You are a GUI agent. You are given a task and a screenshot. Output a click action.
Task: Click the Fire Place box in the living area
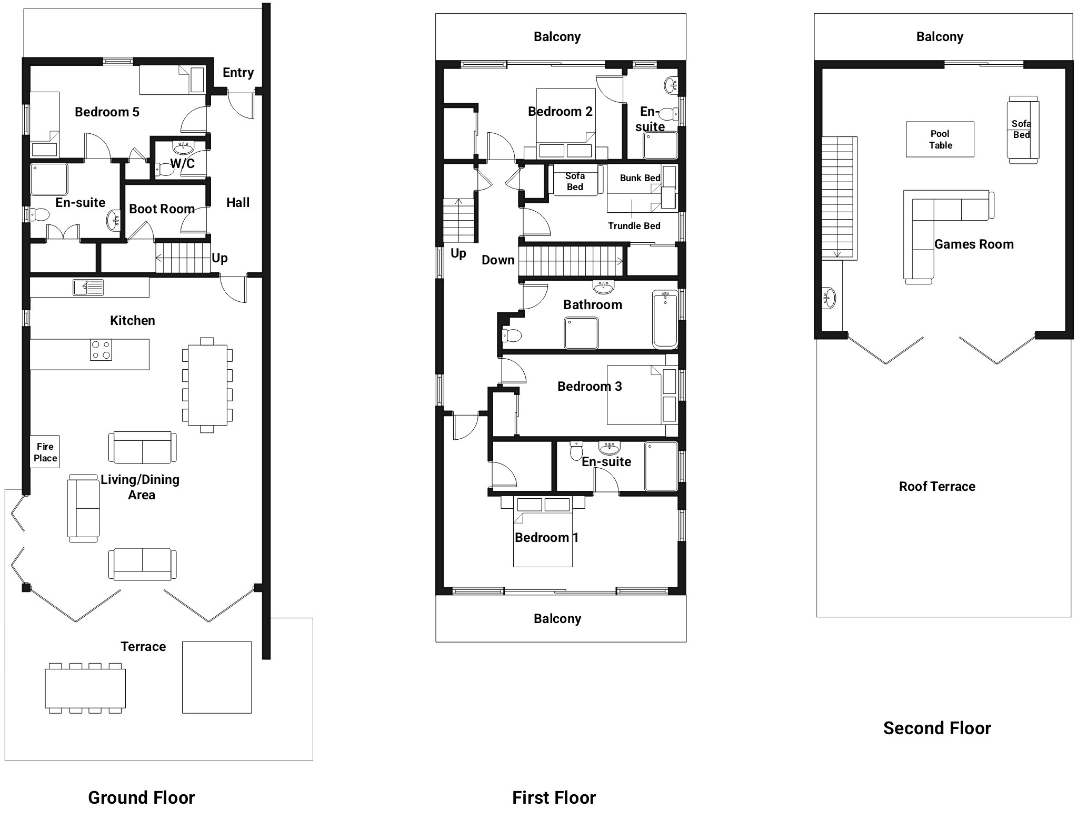(x=45, y=452)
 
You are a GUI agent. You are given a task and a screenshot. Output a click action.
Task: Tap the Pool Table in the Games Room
(x=940, y=140)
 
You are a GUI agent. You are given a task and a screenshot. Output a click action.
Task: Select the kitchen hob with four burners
(x=101, y=350)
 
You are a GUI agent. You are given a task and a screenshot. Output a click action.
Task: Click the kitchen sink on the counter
(x=88, y=288)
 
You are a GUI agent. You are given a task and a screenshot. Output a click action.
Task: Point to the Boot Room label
(x=162, y=209)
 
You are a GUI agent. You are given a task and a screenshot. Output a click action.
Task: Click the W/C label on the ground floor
(x=182, y=164)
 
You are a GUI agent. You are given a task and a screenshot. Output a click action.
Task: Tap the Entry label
(x=238, y=73)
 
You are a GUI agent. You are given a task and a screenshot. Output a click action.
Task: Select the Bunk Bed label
(x=640, y=178)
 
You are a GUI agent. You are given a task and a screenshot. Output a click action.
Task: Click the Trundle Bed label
(x=634, y=226)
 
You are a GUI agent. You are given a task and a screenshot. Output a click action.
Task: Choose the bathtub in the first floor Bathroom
(x=665, y=319)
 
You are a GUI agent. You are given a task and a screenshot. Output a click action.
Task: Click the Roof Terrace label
(x=937, y=487)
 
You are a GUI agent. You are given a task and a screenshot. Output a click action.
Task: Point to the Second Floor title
(x=937, y=728)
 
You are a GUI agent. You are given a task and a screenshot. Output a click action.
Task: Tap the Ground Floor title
(x=141, y=798)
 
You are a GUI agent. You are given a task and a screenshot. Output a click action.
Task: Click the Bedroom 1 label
(x=546, y=538)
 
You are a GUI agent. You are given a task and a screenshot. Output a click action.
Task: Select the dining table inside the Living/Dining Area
(x=207, y=385)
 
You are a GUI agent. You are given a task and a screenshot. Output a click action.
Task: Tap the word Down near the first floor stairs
(x=498, y=260)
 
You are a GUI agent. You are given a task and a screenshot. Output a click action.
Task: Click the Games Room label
(x=974, y=244)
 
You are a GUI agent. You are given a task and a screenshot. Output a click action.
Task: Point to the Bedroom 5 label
(x=107, y=112)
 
